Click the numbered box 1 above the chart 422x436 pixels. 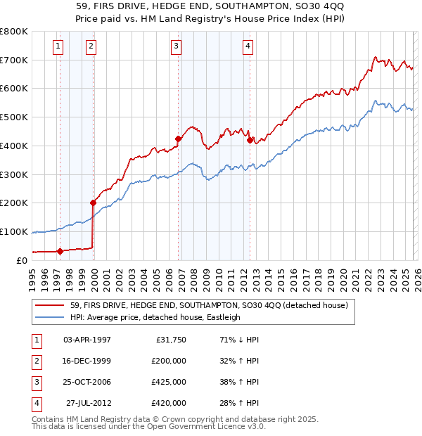[57, 47]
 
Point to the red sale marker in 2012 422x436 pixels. [250, 140]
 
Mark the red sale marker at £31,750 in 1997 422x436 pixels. [60, 250]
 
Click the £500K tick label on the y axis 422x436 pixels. [14, 117]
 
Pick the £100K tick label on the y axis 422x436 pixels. [14, 231]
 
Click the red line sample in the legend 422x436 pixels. [50, 306]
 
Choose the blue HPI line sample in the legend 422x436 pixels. [50, 317]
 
